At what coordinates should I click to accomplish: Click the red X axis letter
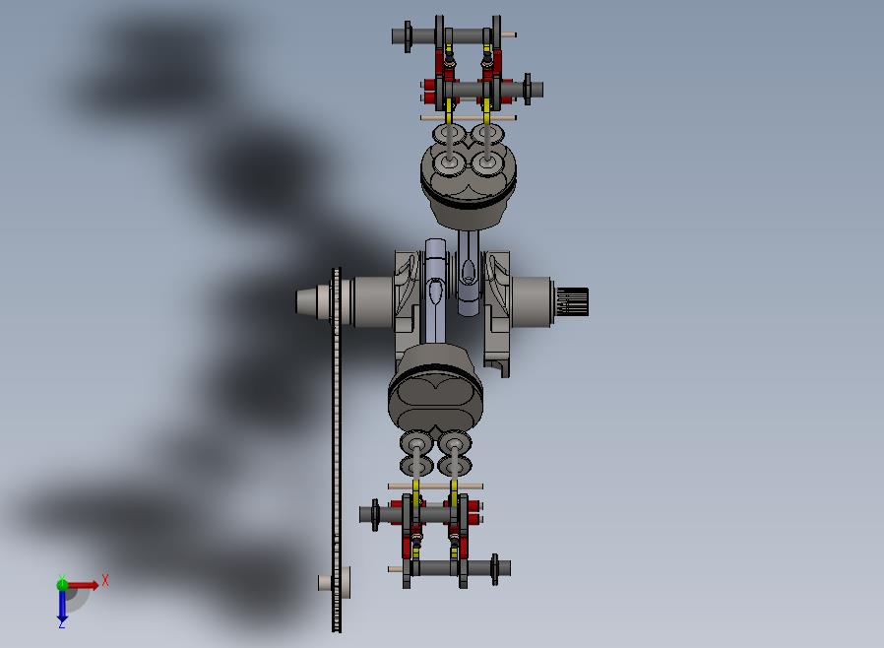(105, 580)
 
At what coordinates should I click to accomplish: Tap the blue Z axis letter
(62, 623)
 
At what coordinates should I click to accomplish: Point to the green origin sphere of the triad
(62, 584)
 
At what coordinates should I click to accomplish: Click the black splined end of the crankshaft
(572, 301)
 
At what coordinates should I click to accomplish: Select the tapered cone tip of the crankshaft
(306, 300)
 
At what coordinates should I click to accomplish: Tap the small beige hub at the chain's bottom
(333, 582)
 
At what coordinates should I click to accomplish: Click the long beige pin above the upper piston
(468, 118)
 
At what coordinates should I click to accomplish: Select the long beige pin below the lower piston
(435, 486)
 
